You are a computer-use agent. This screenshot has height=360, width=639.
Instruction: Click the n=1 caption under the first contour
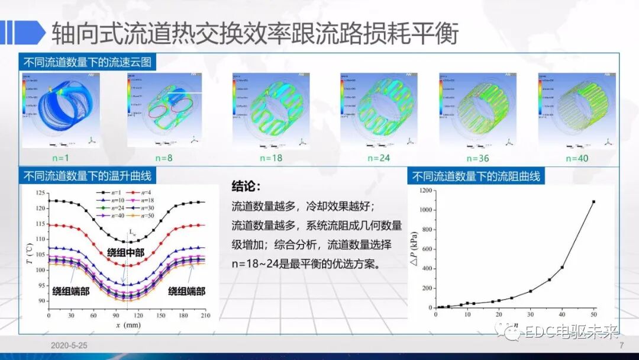(x=61, y=158)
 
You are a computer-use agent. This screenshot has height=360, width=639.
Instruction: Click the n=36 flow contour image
(x=477, y=110)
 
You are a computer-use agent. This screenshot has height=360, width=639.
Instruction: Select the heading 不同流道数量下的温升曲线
(x=87, y=176)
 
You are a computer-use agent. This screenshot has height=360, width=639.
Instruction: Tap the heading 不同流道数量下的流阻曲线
(x=476, y=176)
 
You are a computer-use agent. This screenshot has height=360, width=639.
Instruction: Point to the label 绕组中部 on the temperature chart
(x=125, y=252)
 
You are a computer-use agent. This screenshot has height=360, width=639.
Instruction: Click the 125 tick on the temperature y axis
(x=40, y=194)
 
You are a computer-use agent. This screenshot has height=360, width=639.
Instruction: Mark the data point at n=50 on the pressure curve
(x=593, y=202)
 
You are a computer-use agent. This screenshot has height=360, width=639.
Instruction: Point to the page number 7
(x=621, y=345)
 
